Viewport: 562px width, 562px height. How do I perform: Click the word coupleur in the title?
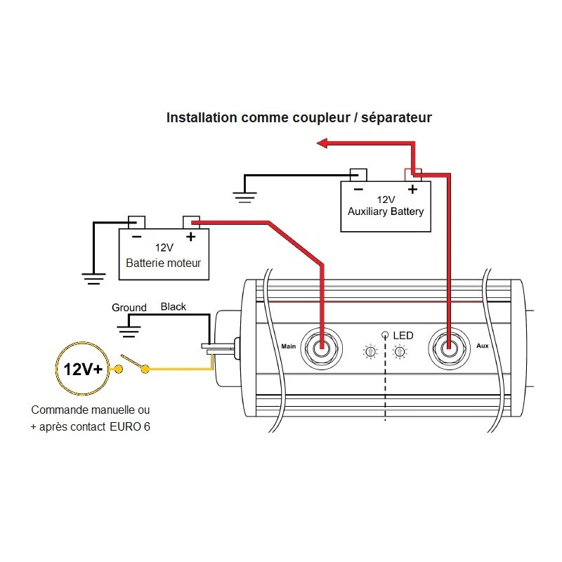coord(313,117)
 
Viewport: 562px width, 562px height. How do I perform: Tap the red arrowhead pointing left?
coord(324,143)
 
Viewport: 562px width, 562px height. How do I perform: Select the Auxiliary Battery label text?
coord(386,211)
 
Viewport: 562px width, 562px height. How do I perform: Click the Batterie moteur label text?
coord(163,263)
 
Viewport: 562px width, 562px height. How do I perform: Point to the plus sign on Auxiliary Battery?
coord(412,189)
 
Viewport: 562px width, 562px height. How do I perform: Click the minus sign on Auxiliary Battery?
coord(358,189)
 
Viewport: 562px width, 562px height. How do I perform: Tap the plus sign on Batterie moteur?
coord(190,236)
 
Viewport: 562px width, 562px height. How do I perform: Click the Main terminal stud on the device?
coord(321,346)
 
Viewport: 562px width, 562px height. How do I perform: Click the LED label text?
coord(403,336)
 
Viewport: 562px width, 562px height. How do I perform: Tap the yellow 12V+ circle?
coord(82,368)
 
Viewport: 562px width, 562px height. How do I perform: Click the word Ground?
coord(129,308)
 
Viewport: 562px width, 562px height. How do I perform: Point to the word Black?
coord(174,307)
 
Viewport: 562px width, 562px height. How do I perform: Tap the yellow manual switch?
coord(133,364)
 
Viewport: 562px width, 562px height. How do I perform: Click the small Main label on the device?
coord(289,346)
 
